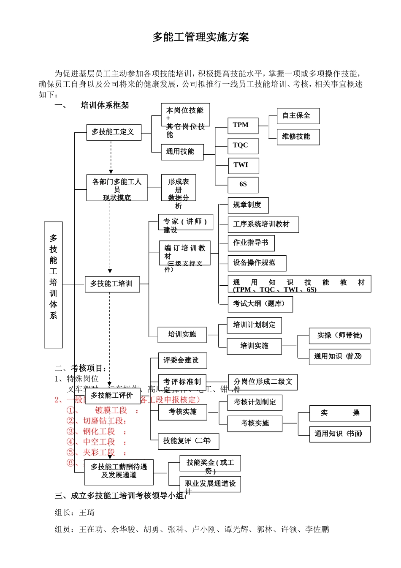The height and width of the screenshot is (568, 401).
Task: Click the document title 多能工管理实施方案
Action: pos(200,37)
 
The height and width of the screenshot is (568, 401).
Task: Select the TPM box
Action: pos(243,126)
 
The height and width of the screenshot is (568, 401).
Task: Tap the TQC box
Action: pos(243,146)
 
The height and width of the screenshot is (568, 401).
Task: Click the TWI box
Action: pos(243,165)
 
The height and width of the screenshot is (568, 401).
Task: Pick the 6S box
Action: pos(243,185)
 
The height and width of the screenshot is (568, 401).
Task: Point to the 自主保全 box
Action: pos(298,116)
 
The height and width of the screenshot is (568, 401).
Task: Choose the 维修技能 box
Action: pos(298,137)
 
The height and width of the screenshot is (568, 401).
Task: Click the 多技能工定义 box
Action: pos(114,132)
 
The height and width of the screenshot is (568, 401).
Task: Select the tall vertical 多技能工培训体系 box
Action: pos(53,284)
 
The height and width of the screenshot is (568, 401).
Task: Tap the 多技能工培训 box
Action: pos(112,284)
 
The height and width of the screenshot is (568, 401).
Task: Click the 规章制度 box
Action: pos(248,205)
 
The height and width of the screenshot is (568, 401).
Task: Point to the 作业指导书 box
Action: pos(251,243)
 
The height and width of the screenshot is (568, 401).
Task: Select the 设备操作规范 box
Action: pos(257,263)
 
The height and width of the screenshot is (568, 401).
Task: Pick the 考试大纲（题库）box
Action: pos(260,304)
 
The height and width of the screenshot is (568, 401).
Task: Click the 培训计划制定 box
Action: pos(254,325)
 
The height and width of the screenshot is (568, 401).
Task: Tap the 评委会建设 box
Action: pos(182,360)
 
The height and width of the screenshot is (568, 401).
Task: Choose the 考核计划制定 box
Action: pos(255,402)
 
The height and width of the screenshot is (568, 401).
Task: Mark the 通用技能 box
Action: pos(182,152)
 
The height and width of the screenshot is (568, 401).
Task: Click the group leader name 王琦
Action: pos(87,513)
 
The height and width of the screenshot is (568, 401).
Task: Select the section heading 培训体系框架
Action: pos(105,105)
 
